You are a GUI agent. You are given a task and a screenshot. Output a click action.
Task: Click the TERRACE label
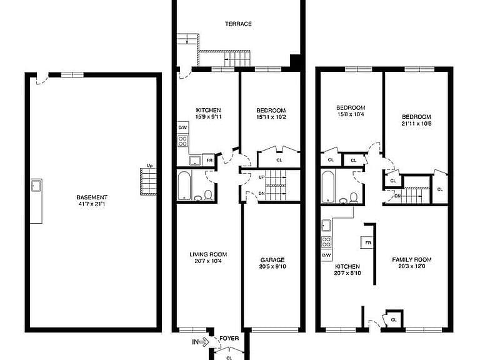point(238,24)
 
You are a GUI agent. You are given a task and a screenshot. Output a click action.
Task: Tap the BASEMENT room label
point(92,197)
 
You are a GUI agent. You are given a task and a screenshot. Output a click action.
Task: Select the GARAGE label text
point(272,260)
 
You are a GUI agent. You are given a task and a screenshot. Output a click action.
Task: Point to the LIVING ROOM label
point(208,254)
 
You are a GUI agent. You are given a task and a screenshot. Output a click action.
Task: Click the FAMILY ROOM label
point(412,259)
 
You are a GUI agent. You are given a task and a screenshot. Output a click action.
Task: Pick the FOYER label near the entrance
point(229,338)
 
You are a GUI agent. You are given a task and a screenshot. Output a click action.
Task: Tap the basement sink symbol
point(36,186)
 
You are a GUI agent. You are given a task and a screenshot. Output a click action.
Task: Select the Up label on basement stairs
point(149,166)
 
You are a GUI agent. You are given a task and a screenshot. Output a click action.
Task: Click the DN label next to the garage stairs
point(262,194)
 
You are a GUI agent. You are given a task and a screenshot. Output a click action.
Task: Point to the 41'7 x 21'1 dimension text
point(92,204)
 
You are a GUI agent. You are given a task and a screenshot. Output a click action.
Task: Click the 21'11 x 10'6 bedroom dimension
point(416,124)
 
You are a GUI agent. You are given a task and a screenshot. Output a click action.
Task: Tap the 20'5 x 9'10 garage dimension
point(272,266)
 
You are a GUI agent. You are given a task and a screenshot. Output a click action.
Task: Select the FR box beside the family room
point(368,242)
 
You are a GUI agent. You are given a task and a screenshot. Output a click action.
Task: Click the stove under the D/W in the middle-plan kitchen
point(182,141)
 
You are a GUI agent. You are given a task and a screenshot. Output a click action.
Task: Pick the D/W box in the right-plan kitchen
point(326,255)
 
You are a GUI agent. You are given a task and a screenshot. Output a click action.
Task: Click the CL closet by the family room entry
point(394,320)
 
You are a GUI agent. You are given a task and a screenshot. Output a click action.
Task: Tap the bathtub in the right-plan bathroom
point(328,187)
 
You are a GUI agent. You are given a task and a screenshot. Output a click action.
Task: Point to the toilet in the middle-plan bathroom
point(208,195)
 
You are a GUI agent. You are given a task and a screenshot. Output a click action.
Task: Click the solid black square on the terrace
point(295,60)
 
